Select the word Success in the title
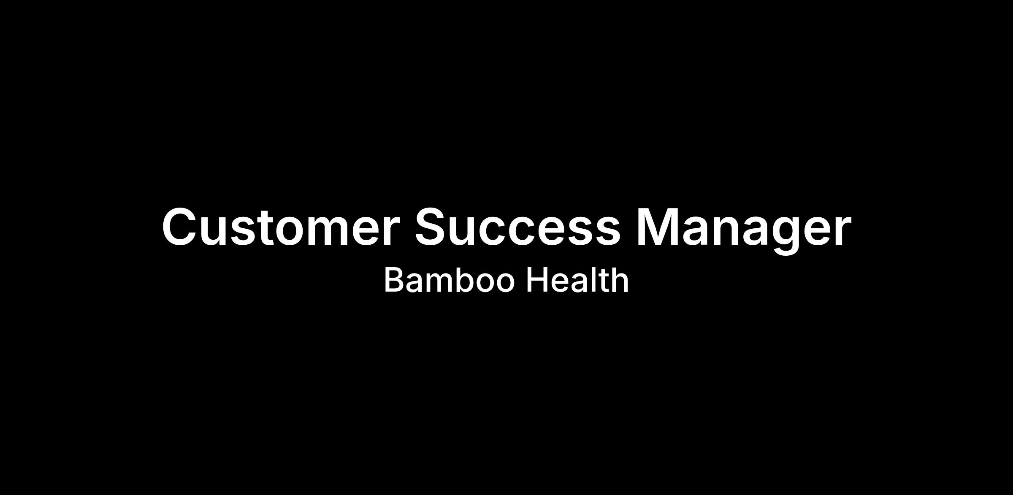pyautogui.click(x=517, y=227)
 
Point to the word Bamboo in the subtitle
pyautogui.click(x=449, y=280)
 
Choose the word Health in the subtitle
pyautogui.click(x=577, y=280)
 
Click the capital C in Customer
pyautogui.click(x=180, y=227)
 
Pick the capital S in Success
pyautogui.click(x=431, y=227)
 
